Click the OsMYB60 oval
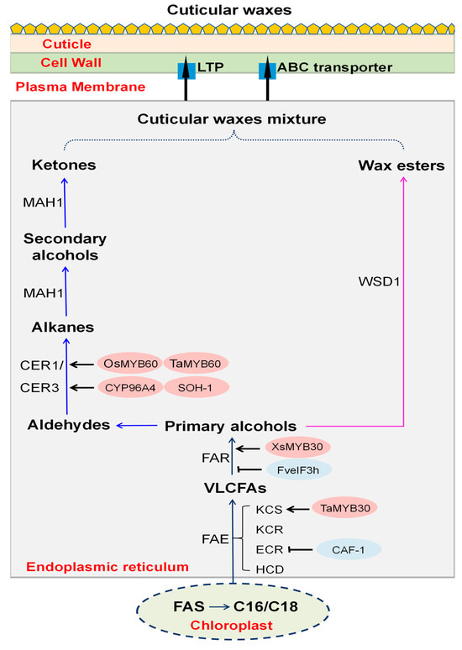130,364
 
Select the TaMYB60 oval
196,364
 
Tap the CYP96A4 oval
130,388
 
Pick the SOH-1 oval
197,388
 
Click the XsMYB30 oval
297,447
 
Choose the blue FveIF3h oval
298,470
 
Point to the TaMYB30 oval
344,508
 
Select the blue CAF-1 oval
349,550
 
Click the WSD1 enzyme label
379,282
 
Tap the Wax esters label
402,165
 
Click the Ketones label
64,165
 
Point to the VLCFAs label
235,488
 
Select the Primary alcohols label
231,426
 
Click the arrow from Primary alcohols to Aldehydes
137,425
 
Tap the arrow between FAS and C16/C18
219,607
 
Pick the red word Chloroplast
231,625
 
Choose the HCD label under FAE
270,569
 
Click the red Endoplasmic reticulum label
108,567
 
